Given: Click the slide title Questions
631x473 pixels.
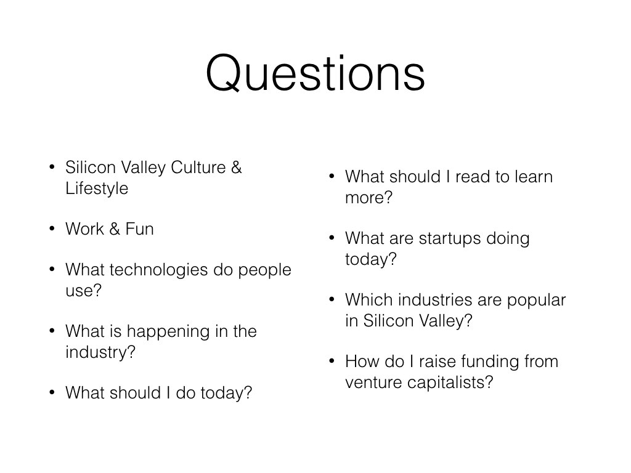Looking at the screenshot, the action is click(x=315, y=73).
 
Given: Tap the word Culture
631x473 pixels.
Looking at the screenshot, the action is click(x=198, y=168).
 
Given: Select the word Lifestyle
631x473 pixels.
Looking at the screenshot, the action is click(x=97, y=188).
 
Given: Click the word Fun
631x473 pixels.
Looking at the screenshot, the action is click(x=140, y=229).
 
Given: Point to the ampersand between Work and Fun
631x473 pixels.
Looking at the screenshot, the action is click(x=115, y=229).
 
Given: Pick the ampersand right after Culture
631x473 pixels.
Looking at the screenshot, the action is click(x=236, y=168).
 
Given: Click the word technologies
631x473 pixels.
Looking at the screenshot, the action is click(x=158, y=270).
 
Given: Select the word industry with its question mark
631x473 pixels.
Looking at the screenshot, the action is click(x=100, y=352).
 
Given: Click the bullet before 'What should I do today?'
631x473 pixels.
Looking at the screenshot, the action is click(x=52, y=392).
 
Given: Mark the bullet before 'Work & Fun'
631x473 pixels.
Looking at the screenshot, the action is click(x=52, y=228).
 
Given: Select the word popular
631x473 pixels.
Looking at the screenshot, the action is click(x=537, y=301).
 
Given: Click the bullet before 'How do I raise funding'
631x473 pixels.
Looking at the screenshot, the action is click(x=332, y=361).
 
